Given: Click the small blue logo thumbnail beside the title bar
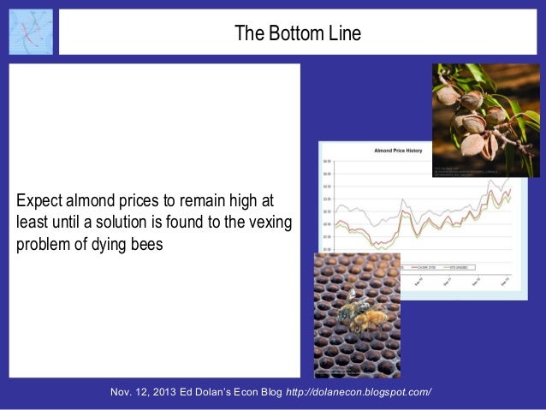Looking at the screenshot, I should (30, 32).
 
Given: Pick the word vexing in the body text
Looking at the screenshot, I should (270, 222).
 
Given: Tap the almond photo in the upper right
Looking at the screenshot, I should (485, 120).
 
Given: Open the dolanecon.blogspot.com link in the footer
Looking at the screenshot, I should (358, 392).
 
